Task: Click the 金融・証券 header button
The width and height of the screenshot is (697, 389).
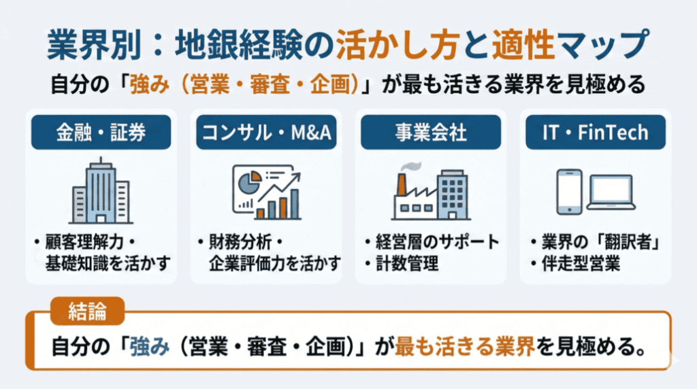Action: click(101, 132)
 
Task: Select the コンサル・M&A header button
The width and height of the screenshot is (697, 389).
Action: click(266, 132)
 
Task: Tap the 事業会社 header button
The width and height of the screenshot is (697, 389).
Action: click(431, 132)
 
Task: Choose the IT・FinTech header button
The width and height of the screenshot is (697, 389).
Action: click(596, 132)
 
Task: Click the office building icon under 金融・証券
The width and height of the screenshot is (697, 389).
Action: click(101, 191)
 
